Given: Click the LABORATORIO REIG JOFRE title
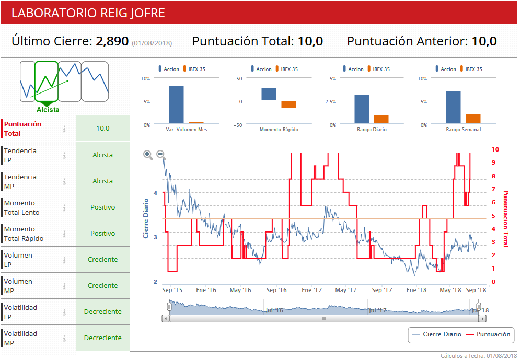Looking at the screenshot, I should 88,13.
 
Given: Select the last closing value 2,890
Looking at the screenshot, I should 112,41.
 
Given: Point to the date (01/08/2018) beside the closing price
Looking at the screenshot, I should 152,43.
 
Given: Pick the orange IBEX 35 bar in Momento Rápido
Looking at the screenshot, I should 288,104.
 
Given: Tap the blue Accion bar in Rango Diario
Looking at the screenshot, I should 362,109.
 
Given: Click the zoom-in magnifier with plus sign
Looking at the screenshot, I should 148,155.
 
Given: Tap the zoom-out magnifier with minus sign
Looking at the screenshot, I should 160,155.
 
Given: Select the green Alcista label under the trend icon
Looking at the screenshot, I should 48,110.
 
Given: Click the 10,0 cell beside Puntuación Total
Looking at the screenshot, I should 102,129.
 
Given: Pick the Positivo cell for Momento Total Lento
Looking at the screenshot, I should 102,207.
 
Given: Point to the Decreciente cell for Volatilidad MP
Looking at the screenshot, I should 102,338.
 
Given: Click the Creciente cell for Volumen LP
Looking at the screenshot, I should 102,260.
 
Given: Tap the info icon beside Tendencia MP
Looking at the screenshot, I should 64,181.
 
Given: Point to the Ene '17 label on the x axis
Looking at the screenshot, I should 312,290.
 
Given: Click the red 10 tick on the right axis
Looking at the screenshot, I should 495,149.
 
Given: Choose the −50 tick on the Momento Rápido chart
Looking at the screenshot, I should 237,125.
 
